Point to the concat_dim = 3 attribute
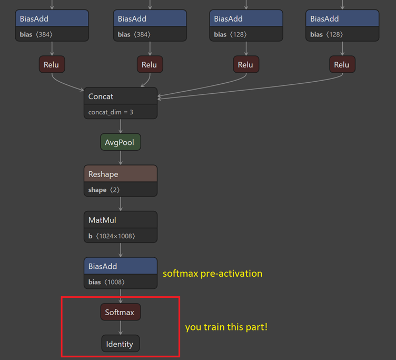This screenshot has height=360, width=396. [111, 112]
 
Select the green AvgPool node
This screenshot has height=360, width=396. [121, 142]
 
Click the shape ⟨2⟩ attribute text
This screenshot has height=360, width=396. [103, 190]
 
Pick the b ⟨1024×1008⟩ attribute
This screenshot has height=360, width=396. [112, 236]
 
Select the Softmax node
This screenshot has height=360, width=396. [120, 312]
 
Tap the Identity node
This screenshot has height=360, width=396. [120, 344]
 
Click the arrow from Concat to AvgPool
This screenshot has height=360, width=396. [121, 127]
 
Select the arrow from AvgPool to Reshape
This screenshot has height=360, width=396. [121, 158]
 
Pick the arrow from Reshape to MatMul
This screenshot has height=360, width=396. [121, 204]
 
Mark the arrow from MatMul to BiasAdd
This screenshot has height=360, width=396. [121, 250]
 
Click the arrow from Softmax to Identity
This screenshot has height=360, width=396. [121, 328]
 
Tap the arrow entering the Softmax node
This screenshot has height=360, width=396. [121, 297]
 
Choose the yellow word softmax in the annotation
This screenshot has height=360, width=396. [180, 274]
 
